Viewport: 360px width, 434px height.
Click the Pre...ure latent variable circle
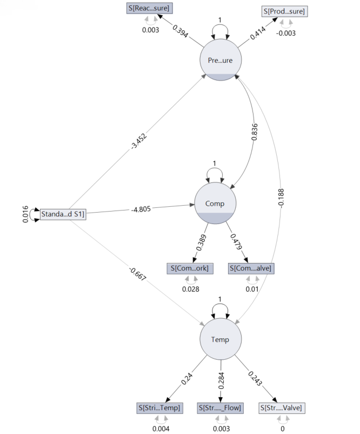[220, 61]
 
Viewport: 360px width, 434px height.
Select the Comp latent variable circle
[215, 203]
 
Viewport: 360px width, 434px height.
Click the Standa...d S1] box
[63, 215]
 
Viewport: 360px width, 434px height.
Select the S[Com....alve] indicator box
[251, 268]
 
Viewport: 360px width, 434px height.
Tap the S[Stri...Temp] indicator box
[160, 407]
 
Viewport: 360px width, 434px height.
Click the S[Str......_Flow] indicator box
[220, 407]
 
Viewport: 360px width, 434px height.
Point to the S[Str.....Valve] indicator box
[281, 407]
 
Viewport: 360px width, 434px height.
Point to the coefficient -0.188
[281, 198]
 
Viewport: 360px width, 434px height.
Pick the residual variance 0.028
[190, 289]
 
